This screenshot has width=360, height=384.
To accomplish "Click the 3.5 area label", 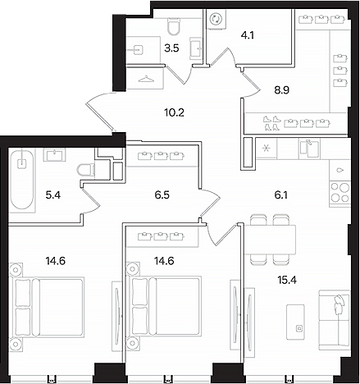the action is click(171, 48).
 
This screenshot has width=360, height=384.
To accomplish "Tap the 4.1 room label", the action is click(248, 35).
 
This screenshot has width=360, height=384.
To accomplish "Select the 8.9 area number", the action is click(282, 90).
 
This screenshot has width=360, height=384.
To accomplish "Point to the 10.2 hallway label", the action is click(174, 112).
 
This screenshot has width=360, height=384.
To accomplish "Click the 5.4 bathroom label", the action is click(53, 195).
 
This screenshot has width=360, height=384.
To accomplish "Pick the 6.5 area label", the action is click(162, 195).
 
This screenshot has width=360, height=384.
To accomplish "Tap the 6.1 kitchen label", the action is click(280, 195).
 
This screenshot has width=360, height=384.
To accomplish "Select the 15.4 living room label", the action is click(287, 280).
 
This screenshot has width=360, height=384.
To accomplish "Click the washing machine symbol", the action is click(216, 19).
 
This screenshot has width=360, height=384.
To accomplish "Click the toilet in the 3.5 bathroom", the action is click(174, 26).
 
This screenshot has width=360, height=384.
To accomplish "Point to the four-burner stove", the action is click(339, 193).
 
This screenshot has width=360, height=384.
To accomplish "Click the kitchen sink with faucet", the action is click(309, 149).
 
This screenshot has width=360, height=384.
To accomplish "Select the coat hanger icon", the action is click(146, 80).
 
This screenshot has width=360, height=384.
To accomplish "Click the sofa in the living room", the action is click(335, 320).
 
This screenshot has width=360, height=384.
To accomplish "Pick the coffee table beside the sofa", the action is click(295, 322).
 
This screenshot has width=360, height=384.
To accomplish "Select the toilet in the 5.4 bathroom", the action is click(86, 170).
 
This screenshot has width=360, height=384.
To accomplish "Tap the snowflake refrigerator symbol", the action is click(266, 149).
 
